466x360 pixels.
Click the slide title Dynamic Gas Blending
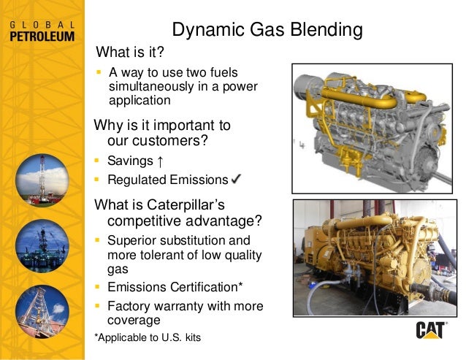pyautogui.click(x=267, y=30)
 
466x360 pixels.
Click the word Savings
pyautogui.click(x=129, y=160)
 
